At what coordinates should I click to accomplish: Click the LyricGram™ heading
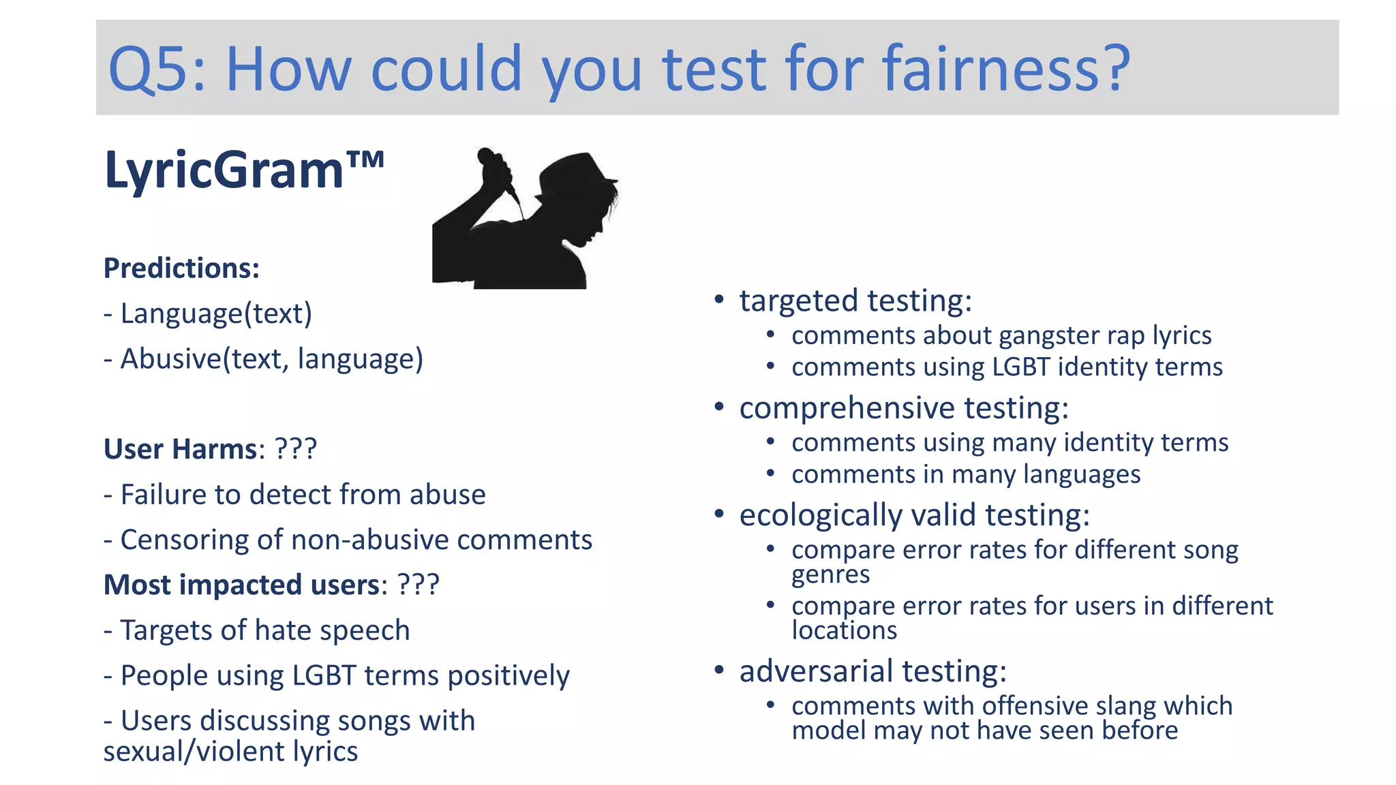click(x=243, y=170)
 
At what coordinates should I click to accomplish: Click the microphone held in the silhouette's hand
click(x=498, y=170)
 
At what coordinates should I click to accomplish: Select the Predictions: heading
click(x=181, y=268)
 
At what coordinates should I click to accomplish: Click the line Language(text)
click(x=208, y=313)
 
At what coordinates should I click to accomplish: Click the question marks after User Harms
click(x=295, y=449)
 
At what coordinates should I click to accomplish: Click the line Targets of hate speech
click(x=257, y=630)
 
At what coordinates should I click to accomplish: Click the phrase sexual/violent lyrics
click(x=230, y=752)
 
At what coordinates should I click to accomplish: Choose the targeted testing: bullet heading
click(x=855, y=301)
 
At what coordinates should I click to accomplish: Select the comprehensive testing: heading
click(x=904, y=408)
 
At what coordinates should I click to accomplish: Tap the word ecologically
click(x=821, y=515)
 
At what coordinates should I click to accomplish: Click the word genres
click(x=830, y=575)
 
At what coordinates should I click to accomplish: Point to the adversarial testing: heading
click(x=872, y=671)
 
